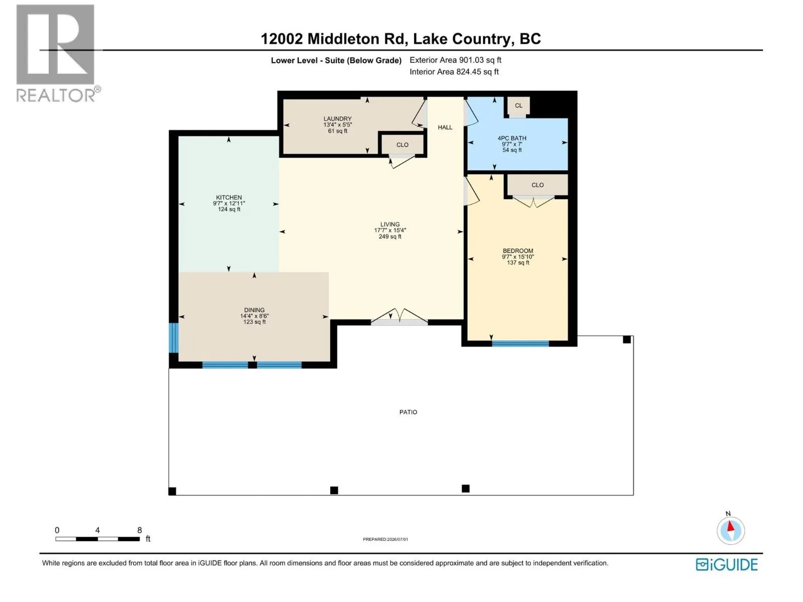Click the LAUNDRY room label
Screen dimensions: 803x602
tap(337, 119)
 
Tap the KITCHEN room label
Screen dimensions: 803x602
tap(229, 197)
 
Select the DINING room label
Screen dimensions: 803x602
tap(254, 310)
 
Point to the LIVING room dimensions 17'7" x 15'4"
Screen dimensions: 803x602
tap(390, 230)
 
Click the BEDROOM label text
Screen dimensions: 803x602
tap(517, 251)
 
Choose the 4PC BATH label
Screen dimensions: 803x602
tap(512, 138)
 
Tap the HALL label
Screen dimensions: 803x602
tap(445, 127)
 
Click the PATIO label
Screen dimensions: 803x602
tap(408, 412)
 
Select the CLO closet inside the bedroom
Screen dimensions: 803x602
tap(538, 185)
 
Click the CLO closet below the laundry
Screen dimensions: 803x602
tap(403, 145)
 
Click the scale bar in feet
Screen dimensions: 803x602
tap(98, 539)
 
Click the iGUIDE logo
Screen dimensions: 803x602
tap(727, 565)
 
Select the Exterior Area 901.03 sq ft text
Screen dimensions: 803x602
tap(456, 60)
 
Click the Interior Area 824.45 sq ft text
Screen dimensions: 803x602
tap(454, 72)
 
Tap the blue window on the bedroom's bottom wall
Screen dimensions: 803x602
tap(520, 343)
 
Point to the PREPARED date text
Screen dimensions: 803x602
tap(385, 539)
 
